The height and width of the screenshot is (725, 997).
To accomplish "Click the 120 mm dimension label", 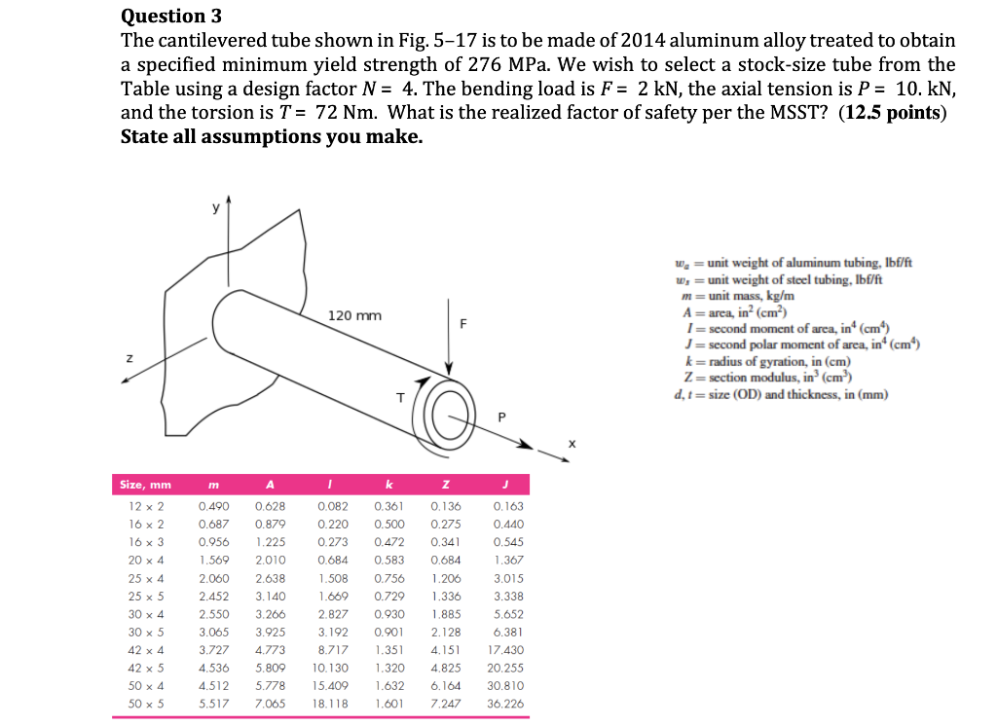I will [x=355, y=316].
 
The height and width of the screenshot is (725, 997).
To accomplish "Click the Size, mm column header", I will [x=145, y=485].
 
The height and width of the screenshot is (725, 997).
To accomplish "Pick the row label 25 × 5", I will [x=145, y=597].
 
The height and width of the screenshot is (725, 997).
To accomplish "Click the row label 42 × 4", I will [x=145, y=650].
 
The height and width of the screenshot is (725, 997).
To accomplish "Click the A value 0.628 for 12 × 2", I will [x=270, y=507].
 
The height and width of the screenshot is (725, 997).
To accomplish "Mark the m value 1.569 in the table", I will [x=213, y=561].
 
